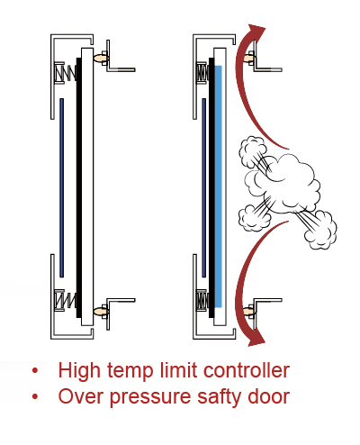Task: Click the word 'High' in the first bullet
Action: (x=79, y=370)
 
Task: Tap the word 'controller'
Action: (x=247, y=370)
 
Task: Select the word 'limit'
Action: (x=178, y=370)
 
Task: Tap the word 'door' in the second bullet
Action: (x=269, y=396)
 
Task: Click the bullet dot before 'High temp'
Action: (x=35, y=370)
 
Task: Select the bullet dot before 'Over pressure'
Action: (x=35, y=397)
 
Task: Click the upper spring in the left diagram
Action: (x=67, y=73)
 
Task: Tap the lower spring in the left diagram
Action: (x=67, y=300)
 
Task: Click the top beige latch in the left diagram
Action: (x=101, y=58)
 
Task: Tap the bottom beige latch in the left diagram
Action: (x=101, y=312)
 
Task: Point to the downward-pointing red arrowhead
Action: (x=256, y=338)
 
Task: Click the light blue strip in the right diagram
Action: (x=219, y=186)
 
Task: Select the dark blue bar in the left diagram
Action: (x=61, y=187)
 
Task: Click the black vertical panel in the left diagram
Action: (x=79, y=187)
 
